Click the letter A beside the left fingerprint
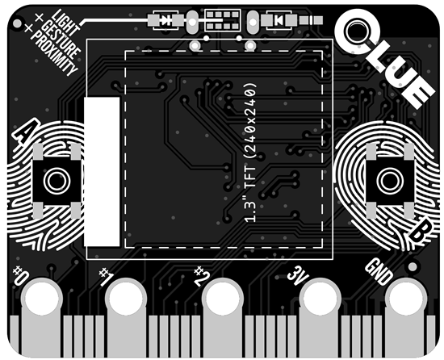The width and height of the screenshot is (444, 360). [27, 131]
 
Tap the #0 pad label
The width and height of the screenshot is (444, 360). [20, 275]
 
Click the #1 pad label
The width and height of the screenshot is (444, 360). [107, 277]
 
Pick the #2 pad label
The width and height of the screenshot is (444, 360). [202, 276]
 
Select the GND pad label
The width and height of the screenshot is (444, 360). [379, 271]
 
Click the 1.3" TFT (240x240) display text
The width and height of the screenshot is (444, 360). [250, 153]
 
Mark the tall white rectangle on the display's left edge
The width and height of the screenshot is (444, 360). [102, 172]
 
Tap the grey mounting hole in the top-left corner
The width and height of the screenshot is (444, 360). [17, 23]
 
